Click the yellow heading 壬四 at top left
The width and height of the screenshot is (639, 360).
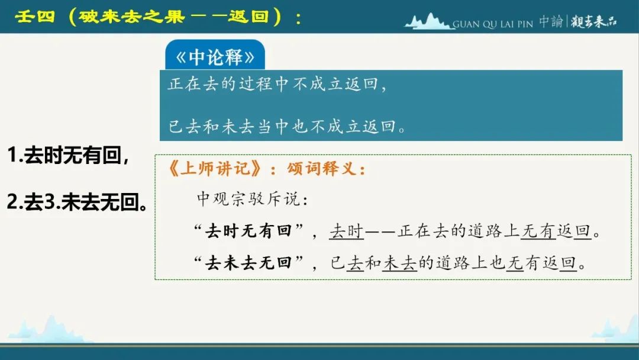coord(35,17)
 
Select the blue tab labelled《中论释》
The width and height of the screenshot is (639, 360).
coord(215,55)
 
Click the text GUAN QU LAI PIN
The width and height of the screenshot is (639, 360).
coord(493,24)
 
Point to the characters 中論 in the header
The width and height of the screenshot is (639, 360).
coord(551,21)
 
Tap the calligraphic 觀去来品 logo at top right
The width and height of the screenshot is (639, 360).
coord(594,21)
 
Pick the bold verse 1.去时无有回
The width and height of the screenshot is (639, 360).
coord(69,155)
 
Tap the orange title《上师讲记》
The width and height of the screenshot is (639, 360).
coord(215,168)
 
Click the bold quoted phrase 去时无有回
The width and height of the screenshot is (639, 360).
coord(248,231)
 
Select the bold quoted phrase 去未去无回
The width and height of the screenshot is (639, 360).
coord(248,262)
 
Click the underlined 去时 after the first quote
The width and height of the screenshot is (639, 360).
coord(346,231)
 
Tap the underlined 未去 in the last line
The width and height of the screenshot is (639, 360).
coord(400,263)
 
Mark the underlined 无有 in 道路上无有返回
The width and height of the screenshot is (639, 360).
coord(538,231)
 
